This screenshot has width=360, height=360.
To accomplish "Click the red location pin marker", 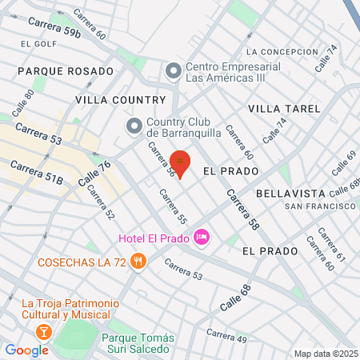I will pyautogui.click(x=181, y=163).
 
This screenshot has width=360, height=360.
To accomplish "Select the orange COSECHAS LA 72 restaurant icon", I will pyautogui.click(x=138, y=261).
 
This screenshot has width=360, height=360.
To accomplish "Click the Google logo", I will pyautogui.click(x=27, y=350).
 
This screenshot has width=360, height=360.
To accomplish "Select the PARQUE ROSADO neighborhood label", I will pyautogui.click(x=65, y=71).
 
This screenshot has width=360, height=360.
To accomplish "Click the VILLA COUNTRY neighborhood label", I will pyautogui.click(x=120, y=100).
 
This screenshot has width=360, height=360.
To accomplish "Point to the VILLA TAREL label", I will pyautogui.click(x=284, y=108).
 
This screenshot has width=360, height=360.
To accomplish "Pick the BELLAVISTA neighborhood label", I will pyautogui.click(x=290, y=194).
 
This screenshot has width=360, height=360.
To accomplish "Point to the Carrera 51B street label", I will pyautogui.click(x=36, y=174).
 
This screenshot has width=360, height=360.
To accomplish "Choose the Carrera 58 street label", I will pyautogui.click(x=242, y=210).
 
